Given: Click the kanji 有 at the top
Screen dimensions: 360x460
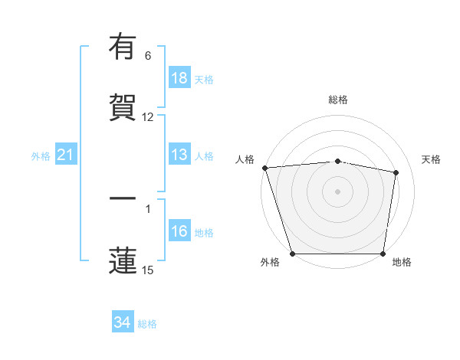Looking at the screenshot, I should point(123,47).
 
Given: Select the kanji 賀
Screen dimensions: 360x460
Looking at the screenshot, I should point(123,107).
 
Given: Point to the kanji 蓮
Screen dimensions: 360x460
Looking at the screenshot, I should point(123,260).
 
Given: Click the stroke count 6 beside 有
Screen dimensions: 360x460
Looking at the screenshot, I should point(148,56).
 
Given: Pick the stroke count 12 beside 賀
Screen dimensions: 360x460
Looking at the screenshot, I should point(148,117).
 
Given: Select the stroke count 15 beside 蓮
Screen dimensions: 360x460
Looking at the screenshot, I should point(148,270).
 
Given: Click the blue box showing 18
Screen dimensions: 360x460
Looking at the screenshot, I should point(179,78).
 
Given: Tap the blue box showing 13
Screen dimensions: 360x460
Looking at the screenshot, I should point(179,155).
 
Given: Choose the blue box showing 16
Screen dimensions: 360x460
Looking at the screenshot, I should point(179,231).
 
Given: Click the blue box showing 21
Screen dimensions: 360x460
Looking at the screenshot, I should point(66,155).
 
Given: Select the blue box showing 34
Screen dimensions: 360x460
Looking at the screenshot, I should point(123,322).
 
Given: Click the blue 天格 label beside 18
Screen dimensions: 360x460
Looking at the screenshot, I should point(203,79).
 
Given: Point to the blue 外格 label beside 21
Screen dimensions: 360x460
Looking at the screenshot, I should point(41,156).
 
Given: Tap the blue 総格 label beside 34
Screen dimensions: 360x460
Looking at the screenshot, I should point(147,324).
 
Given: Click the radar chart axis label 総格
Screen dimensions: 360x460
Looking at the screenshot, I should point(338,100).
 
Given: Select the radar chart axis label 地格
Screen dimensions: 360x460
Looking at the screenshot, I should point(402,263).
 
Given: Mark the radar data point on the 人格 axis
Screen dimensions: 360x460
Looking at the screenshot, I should point(264,168).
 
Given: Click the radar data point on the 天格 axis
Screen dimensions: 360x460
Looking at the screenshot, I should point(396,173).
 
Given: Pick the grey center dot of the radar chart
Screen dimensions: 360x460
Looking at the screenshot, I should point(338,191).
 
